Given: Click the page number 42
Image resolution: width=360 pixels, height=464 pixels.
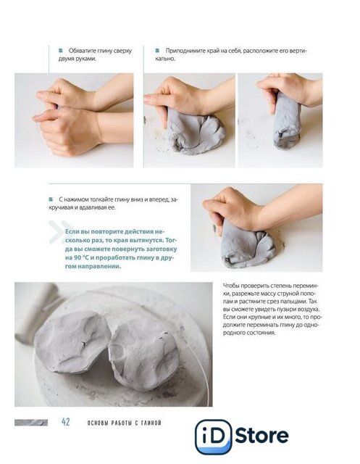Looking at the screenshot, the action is [x=66, y=422].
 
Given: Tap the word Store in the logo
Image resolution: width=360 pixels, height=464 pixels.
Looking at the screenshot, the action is [x=262, y=436].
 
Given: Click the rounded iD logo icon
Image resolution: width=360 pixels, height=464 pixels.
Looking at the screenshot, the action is [x=214, y=436].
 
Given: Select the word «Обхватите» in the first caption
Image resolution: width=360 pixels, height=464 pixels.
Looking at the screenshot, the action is [x=82, y=51].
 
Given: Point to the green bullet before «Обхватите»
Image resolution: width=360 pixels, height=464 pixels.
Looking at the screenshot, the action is [x=61, y=51].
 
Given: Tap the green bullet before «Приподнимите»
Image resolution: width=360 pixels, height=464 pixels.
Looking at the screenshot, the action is [x=157, y=51].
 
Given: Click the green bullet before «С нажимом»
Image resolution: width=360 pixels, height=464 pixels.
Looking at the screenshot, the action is [x=51, y=199].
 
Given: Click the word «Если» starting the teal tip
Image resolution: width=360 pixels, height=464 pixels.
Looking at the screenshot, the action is [x=72, y=231].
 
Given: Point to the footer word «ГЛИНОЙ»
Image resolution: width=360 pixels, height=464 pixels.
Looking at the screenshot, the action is [x=151, y=423].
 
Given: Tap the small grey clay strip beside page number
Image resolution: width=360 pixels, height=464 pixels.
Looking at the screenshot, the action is [x=31, y=422].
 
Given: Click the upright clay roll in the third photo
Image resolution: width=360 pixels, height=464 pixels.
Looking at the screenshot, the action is [x=286, y=121].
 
